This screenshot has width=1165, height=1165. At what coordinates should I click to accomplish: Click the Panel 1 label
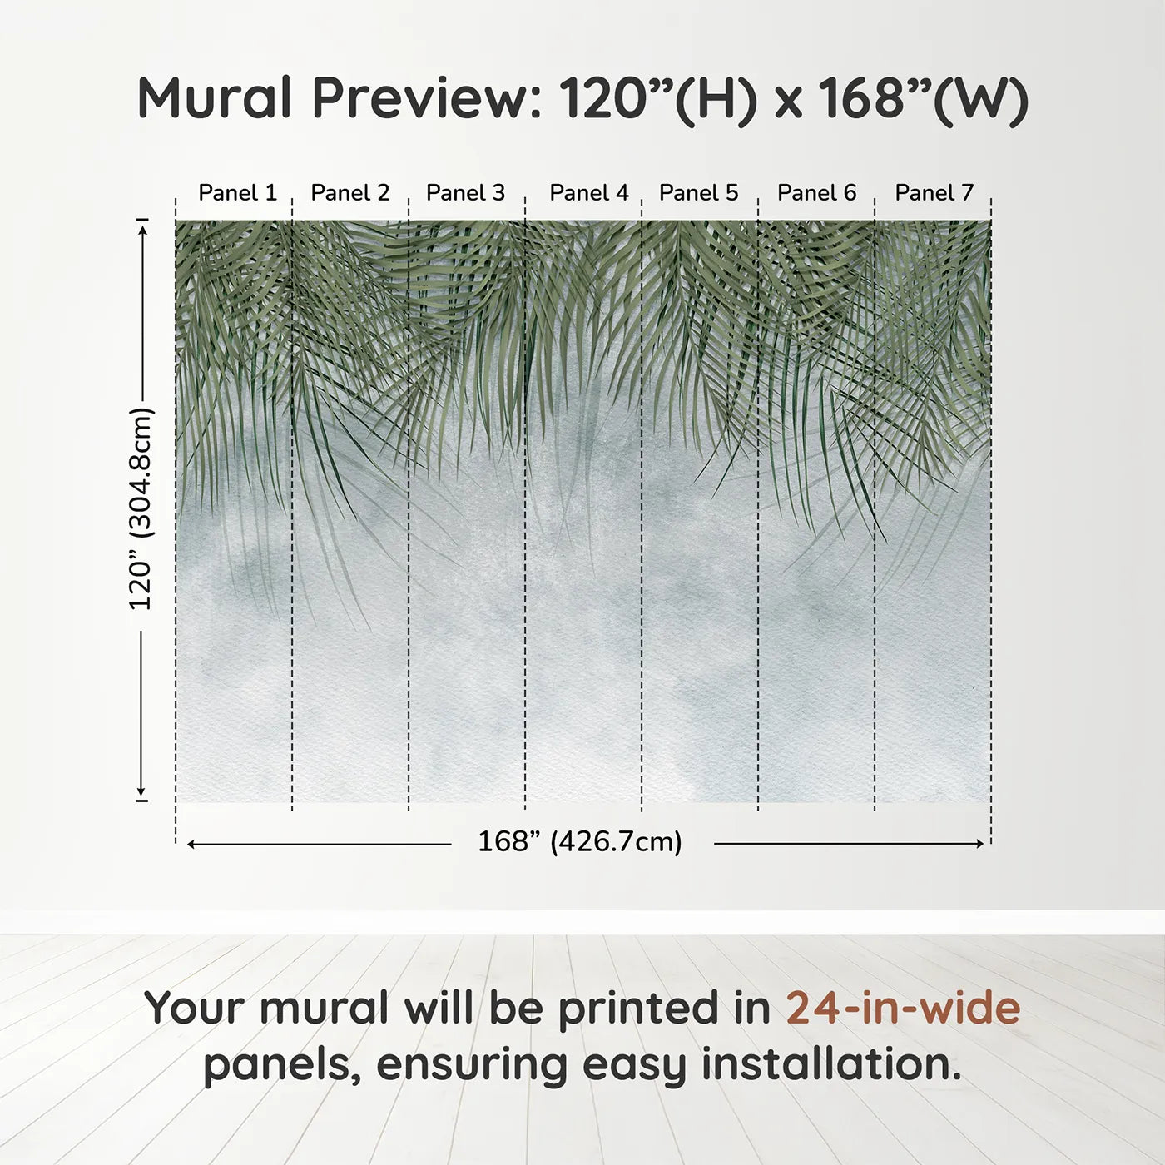click(x=237, y=193)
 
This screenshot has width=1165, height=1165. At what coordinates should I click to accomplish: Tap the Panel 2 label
click(x=349, y=193)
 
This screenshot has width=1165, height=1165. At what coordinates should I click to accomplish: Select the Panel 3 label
click(x=465, y=193)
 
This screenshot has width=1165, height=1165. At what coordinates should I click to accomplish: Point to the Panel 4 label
click(x=589, y=193)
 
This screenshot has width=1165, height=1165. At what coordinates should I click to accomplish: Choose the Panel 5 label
click(x=698, y=193)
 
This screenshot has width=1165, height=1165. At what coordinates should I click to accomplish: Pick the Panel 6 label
click(x=816, y=193)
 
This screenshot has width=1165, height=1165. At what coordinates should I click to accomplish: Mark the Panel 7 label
click(x=934, y=193)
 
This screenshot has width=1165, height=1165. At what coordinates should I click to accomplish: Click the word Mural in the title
click(x=215, y=98)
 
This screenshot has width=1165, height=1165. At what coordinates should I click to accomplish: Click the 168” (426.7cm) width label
click(x=580, y=842)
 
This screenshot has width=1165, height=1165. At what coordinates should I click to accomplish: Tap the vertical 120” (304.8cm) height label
click(x=141, y=509)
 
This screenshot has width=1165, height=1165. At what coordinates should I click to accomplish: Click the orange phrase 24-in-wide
click(x=903, y=1009)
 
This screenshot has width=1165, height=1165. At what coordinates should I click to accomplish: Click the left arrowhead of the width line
click(x=191, y=844)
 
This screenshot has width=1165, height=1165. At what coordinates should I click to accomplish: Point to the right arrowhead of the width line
click(x=979, y=844)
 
